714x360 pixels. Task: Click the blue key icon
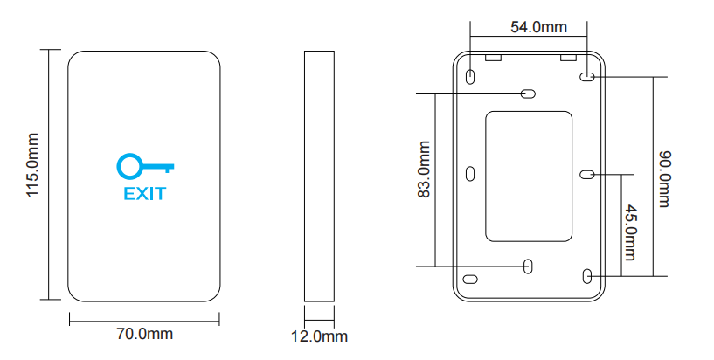[x=145, y=166]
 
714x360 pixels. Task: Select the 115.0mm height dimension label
[x=33, y=176]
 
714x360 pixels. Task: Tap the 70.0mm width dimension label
[x=144, y=334]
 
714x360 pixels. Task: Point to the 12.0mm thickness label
[x=319, y=336]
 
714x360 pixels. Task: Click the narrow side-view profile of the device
[x=319, y=176]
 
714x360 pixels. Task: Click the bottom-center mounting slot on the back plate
[x=529, y=265]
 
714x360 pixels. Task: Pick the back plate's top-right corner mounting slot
[x=587, y=77]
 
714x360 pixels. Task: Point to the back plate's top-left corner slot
[x=470, y=77]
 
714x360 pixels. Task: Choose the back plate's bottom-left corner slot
[x=470, y=279]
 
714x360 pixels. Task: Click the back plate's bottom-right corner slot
[x=587, y=277]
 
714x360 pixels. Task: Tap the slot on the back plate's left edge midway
[x=469, y=174]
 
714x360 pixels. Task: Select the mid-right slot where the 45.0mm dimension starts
[x=588, y=174]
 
